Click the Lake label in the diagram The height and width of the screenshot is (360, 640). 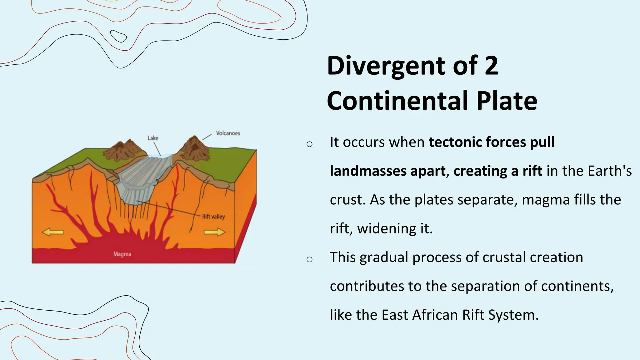pos(153,138)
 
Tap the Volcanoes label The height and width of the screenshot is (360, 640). pos(228,133)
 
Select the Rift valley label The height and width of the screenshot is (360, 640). pos(213,217)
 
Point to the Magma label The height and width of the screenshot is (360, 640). pos(122,254)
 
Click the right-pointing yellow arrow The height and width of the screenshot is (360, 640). pos(214,232)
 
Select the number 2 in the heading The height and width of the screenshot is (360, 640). pos(491,66)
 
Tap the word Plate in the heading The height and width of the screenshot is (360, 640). pos(506,101)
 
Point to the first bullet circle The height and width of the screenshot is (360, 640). pos(309,144)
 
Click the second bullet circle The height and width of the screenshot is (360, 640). pos(309,259)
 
